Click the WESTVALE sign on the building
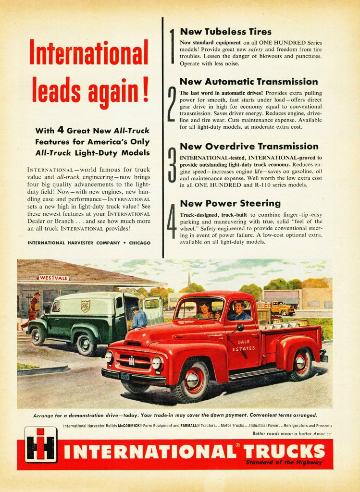pyautogui.click(x=54, y=278)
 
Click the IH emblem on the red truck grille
pyautogui.click(x=131, y=360)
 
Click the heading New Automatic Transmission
pyautogui.click(x=248, y=82)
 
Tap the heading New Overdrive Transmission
pyautogui.click(x=249, y=146)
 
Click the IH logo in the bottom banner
pyautogui.click(x=41, y=445)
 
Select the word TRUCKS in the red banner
pyautogui.click(x=284, y=452)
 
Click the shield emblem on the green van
pyautogui.click(x=85, y=306)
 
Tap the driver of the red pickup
pyautogui.click(x=238, y=311)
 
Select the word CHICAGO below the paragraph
pyautogui.click(x=139, y=243)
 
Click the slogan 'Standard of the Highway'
pyautogui.click(x=285, y=463)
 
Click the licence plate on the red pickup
pyautogui.click(x=125, y=376)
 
